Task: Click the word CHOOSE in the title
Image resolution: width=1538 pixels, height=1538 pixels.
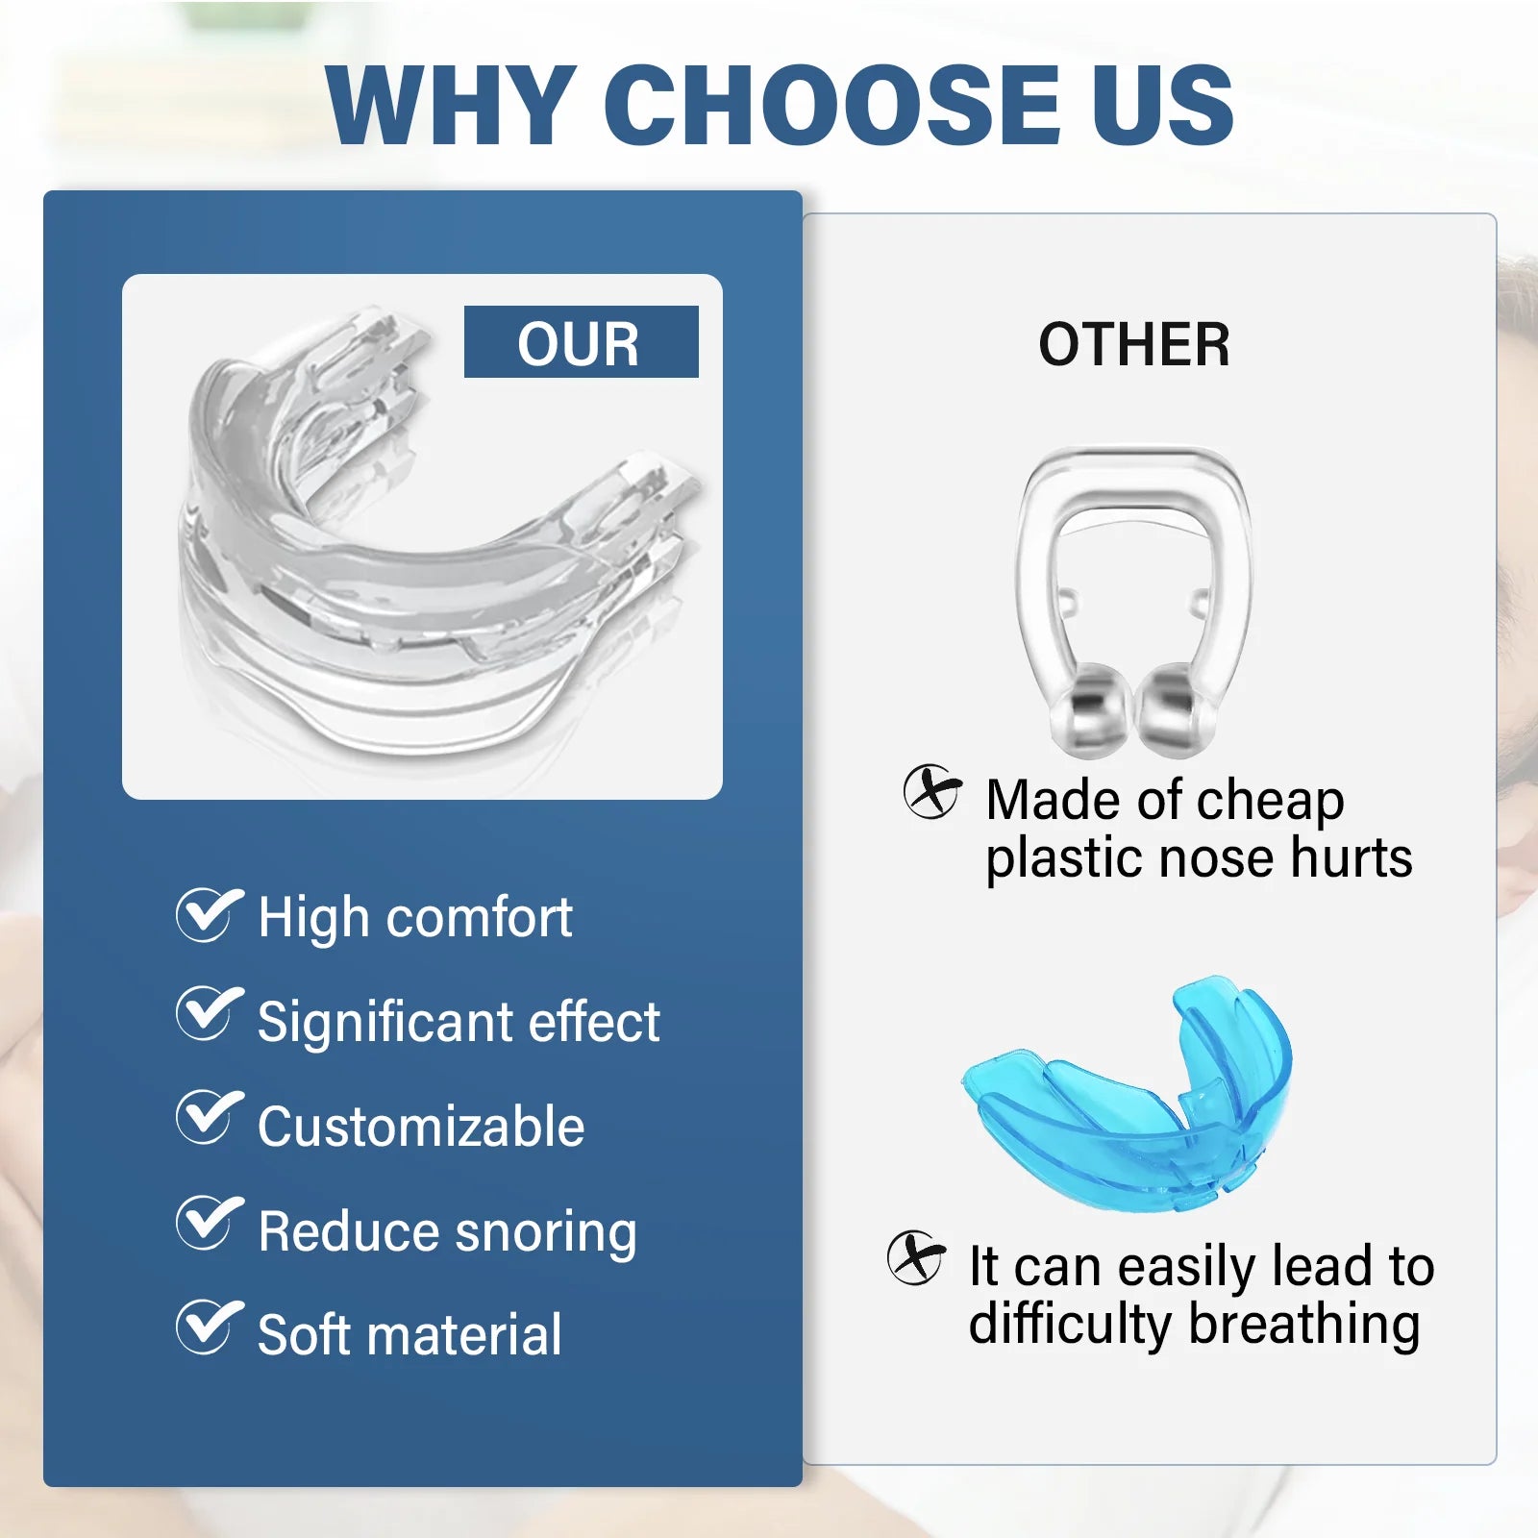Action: [832, 104]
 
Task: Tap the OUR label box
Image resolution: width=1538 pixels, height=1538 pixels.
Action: [581, 342]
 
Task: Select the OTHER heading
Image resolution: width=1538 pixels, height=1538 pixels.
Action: [1133, 344]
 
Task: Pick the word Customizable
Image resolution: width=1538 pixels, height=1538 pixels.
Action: [420, 1127]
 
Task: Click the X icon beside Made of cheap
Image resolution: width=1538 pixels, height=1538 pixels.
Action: [931, 792]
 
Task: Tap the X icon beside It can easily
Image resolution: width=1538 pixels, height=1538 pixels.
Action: [915, 1257]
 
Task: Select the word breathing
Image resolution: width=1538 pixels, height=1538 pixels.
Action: [1303, 1325]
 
